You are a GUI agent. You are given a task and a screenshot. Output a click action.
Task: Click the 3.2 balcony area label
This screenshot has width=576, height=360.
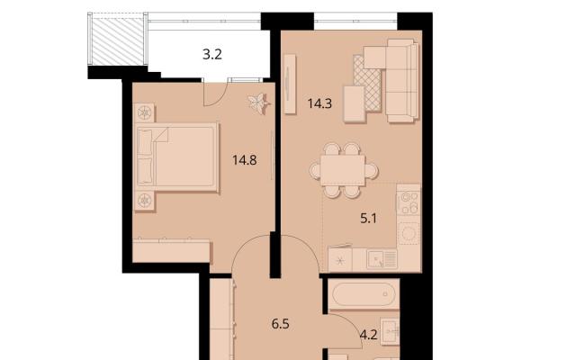point(212,55)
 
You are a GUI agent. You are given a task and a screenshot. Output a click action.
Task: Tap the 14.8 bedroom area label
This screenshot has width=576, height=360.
point(245,160)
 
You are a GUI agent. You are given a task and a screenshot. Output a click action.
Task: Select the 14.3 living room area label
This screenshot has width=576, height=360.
point(319,104)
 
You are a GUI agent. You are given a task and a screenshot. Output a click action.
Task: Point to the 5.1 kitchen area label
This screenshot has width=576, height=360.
point(368,219)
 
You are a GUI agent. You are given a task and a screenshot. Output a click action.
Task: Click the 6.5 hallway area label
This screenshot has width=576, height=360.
point(280,324)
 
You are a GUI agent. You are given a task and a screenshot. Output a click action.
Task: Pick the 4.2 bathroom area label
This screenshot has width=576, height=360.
point(368,335)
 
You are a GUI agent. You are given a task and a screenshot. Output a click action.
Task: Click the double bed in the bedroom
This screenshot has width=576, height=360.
point(178,157)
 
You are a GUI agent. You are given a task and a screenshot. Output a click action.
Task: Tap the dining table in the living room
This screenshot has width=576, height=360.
point(343,170)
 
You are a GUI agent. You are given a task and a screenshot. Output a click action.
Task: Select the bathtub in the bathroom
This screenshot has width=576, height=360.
point(364,294)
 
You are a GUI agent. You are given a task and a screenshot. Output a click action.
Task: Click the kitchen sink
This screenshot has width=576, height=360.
point(382,258)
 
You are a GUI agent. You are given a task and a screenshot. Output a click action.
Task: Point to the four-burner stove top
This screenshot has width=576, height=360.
point(409,203)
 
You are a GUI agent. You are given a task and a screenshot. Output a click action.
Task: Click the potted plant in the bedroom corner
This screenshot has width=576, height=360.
point(258,103)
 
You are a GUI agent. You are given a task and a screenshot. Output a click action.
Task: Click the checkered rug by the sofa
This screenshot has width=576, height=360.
point(367,83)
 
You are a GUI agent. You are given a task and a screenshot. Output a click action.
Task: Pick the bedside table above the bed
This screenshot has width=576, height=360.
point(144,112)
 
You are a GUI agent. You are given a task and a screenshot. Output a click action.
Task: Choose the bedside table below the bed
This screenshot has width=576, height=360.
point(144,201)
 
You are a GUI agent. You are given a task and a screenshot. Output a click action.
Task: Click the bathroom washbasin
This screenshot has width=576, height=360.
point(390,332)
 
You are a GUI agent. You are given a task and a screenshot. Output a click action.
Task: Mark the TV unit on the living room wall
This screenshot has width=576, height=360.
point(290,84)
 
